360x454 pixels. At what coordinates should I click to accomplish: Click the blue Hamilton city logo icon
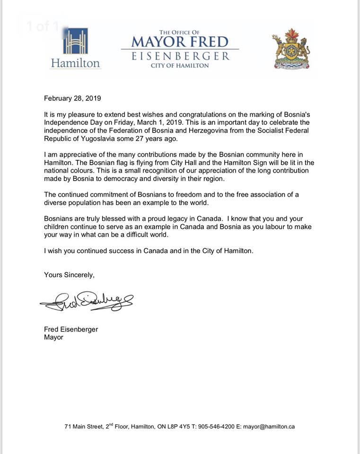[x=75, y=42]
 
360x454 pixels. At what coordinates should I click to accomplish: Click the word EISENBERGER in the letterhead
[x=180, y=56]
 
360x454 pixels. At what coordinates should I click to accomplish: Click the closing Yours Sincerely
[x=70, y=274]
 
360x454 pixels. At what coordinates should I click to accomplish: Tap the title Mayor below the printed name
[x=53, y=338]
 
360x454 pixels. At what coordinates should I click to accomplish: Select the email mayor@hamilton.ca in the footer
[x=269, y=426]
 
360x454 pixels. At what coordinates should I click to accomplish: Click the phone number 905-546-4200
[x=215, y=426]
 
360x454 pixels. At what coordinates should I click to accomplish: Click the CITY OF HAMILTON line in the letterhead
[x=180, y=65]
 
